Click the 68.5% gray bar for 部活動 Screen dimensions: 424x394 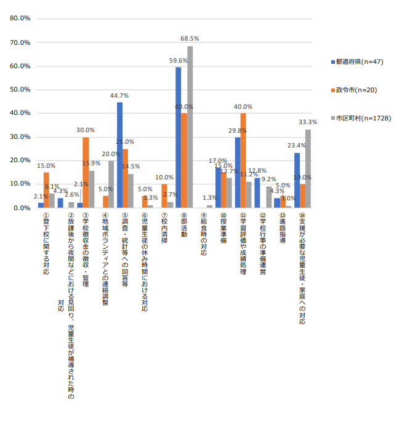point(190,127)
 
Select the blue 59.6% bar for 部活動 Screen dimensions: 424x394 point(178,137)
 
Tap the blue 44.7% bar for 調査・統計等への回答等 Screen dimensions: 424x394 point(119,155)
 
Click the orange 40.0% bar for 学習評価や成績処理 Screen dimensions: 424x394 point(243,160)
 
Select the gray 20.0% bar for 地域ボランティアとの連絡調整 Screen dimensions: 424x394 point(111,184)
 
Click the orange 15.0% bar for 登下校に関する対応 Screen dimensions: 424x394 point(46,190)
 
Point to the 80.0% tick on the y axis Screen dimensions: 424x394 point(21,18)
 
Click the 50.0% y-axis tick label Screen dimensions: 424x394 point(21,90)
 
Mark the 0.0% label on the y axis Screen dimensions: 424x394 point(23,208)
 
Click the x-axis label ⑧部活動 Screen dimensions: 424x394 point(184,228)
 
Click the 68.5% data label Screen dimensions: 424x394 point(190,38)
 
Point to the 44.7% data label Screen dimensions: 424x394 point(119,96)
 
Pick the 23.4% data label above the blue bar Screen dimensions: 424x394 point(296,146)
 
